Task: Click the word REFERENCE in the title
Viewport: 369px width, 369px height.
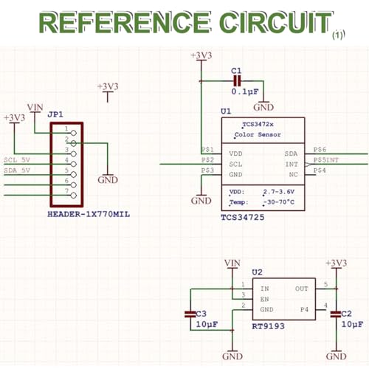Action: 125,22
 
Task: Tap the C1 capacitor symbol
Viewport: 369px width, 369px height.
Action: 237,81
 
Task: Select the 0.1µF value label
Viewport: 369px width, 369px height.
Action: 245,92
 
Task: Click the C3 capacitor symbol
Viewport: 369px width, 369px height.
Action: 190,314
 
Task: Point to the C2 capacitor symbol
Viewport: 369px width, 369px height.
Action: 336,314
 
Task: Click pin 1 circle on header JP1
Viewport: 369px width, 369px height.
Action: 73,133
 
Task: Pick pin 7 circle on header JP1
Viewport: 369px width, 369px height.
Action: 73,196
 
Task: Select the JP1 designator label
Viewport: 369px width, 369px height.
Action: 55,114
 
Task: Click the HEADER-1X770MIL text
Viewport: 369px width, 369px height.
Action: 89,214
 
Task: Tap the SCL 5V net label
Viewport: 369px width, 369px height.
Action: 17,160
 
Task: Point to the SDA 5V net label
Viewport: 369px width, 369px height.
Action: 17,170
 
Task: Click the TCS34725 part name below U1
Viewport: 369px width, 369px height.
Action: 243,217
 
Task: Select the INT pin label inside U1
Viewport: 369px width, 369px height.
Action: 292,164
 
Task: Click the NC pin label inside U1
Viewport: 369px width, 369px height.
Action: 294,175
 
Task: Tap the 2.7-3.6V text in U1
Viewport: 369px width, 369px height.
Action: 279,192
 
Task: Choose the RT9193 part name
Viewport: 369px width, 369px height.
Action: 268,326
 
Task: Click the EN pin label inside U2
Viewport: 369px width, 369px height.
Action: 264,299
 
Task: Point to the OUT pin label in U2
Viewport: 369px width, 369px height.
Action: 302,289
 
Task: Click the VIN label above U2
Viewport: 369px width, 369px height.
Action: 232,263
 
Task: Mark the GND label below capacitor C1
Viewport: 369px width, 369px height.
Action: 263,107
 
